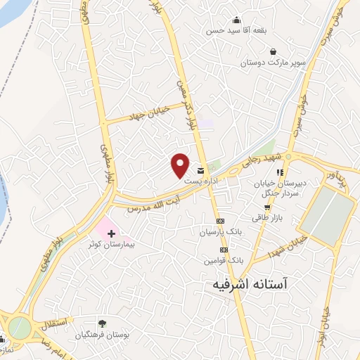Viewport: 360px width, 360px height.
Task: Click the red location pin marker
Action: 181,165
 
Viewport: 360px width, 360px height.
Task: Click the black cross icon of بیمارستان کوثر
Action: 111,233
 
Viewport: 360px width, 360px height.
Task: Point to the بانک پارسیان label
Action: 220,231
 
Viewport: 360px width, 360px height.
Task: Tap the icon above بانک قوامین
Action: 224,250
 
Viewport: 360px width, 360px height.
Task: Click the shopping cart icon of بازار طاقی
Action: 267,207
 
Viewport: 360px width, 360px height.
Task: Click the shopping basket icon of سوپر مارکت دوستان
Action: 273,51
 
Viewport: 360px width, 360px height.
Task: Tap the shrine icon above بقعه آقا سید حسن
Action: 236,20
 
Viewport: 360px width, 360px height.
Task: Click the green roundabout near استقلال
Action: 20,327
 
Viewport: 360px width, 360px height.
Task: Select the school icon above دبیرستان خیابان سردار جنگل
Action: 280,172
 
